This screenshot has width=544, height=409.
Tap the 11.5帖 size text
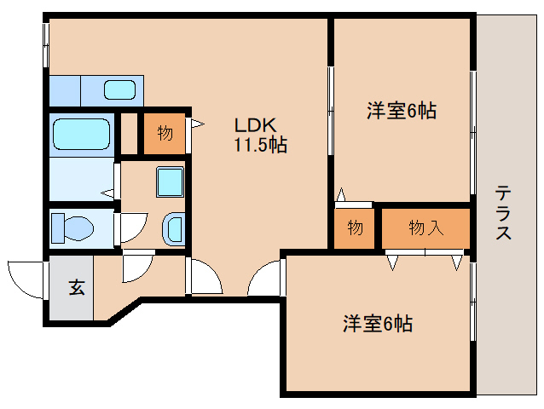261,145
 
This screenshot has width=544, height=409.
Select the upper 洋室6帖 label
402,111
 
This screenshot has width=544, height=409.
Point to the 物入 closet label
425,228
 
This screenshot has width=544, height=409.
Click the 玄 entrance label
77,288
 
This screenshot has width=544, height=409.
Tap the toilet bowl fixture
72,228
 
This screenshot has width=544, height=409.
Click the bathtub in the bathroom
81,134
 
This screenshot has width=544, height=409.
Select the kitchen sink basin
120,89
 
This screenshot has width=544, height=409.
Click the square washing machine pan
170,181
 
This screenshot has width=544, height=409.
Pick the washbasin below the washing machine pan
172,228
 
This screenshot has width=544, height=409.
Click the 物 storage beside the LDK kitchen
164,133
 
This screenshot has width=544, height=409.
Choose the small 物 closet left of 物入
355,228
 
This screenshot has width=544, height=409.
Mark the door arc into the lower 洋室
266,279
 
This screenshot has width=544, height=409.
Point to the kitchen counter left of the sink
65,89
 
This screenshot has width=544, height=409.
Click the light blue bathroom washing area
81,179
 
